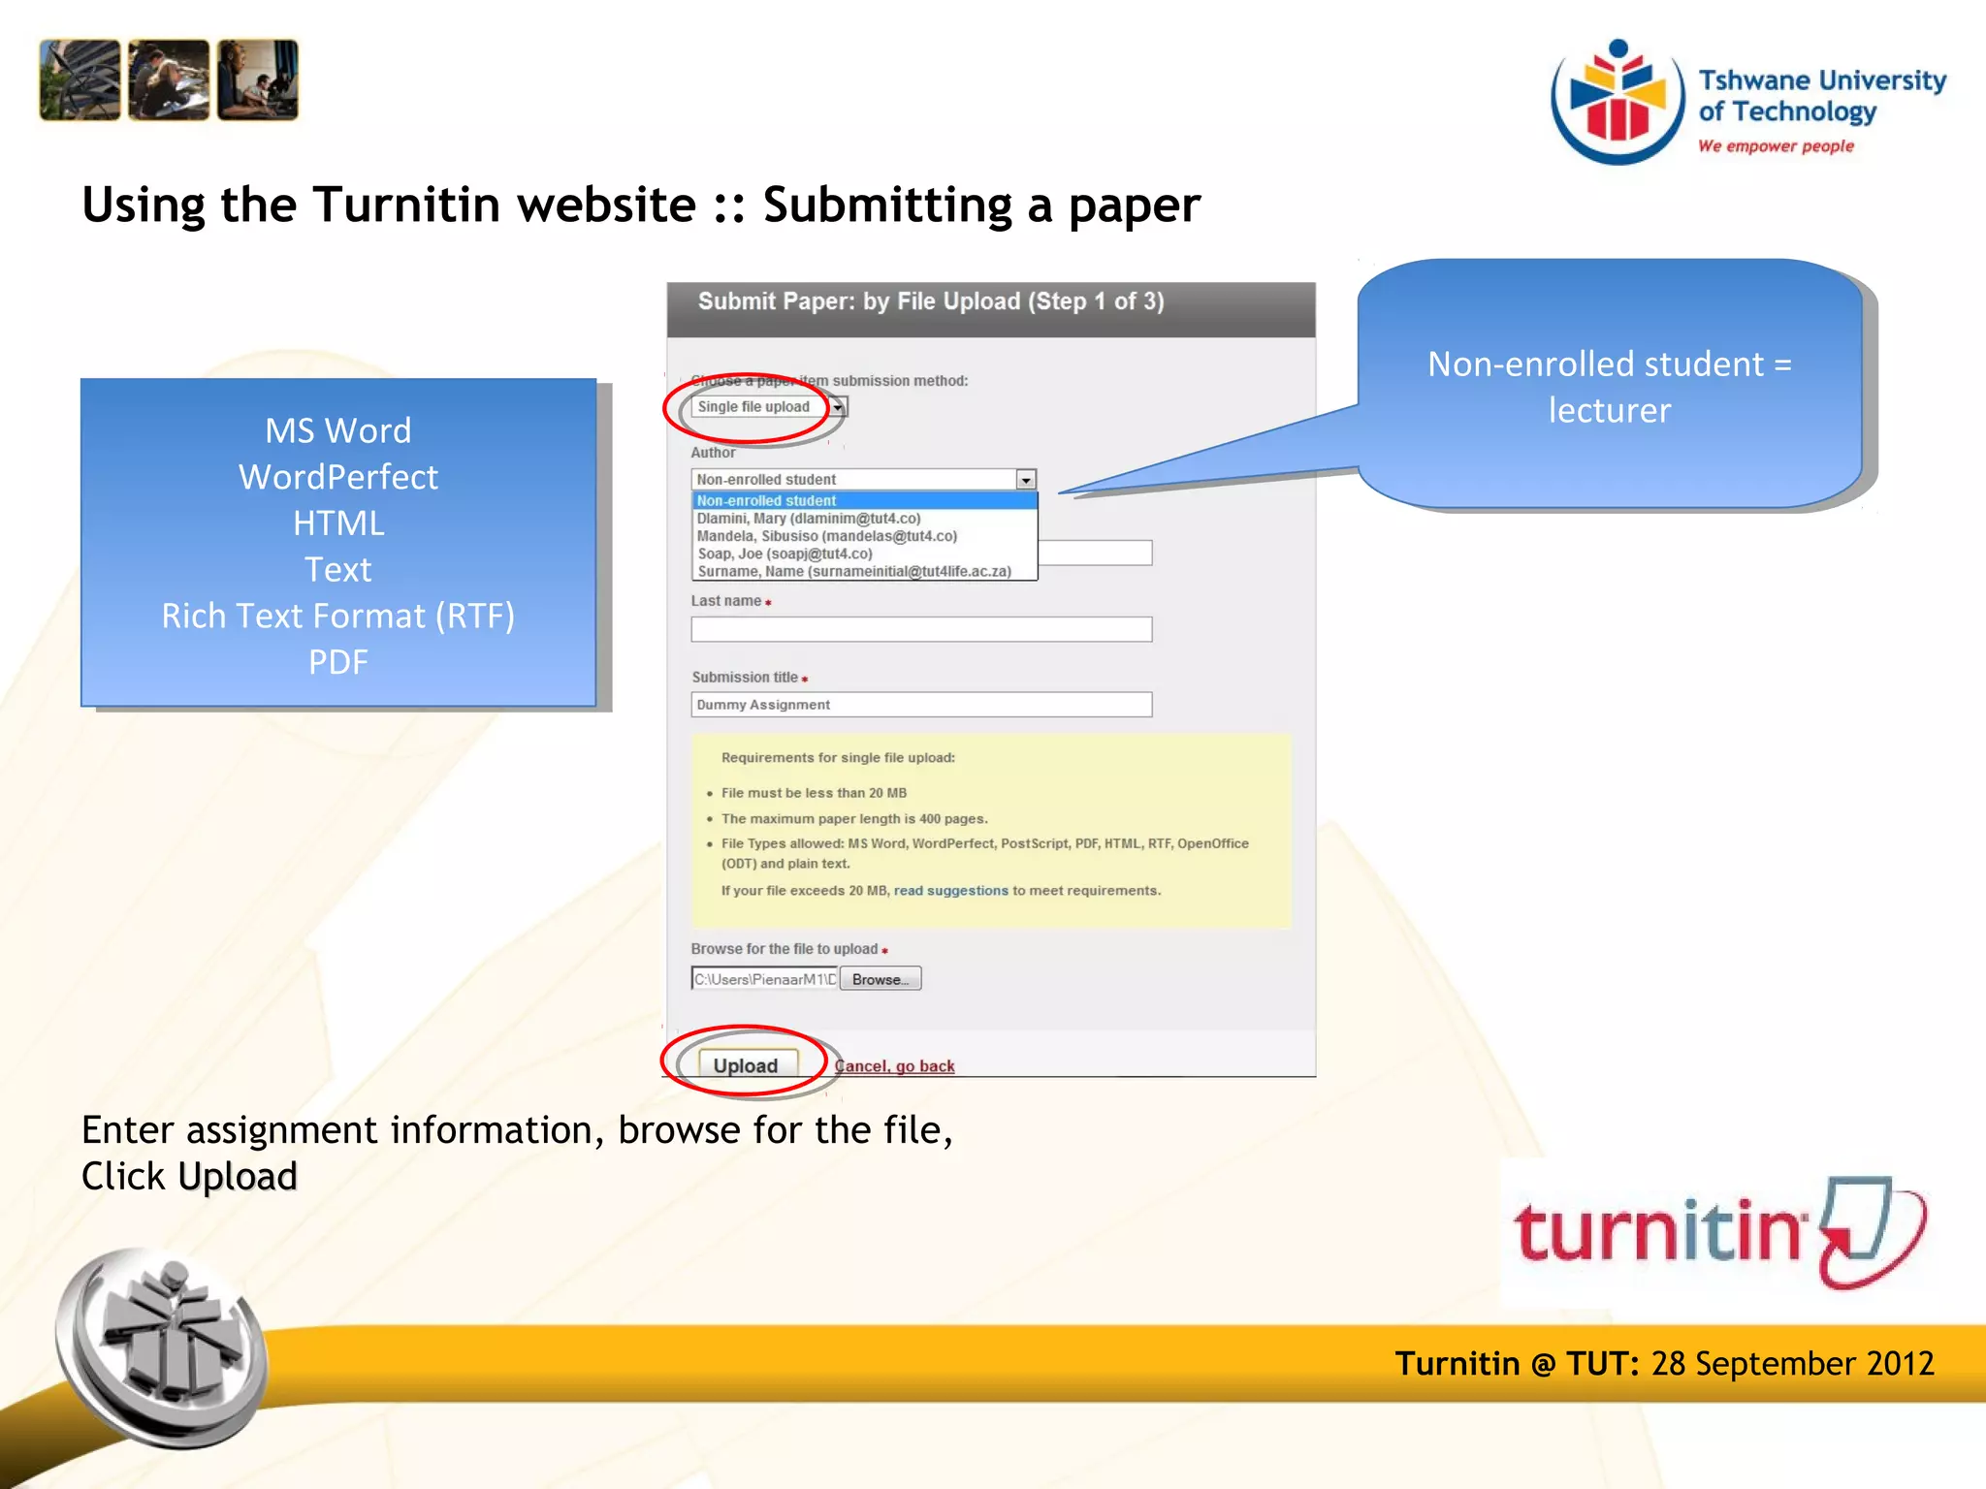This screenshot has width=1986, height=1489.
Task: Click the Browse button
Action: tap(880, 979)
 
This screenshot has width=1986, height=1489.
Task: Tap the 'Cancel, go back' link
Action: tap(894, 1066)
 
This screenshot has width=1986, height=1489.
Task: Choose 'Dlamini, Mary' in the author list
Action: tap(808, 519)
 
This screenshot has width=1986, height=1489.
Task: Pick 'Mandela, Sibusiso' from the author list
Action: tap(826, 536)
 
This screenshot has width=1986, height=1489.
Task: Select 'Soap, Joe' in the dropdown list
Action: tap(785, 554)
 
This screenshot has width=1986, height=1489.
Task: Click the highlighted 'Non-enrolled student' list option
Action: tap(766, 500)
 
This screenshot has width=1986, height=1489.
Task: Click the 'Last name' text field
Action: tap(920, 630)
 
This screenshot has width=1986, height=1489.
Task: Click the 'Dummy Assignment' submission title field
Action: tap(920, 705)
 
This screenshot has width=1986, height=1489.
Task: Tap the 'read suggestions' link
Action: tap(950, 891)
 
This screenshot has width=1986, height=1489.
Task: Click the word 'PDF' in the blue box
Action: tap(337, 662)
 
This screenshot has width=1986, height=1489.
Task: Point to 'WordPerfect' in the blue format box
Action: tap(337, 477)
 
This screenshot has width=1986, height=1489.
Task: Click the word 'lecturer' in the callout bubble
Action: tap(1609, 410)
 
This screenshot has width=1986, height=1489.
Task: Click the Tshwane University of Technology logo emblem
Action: tap(1617, 102)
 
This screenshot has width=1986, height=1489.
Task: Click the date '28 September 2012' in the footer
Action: tap(1792, 1364)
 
